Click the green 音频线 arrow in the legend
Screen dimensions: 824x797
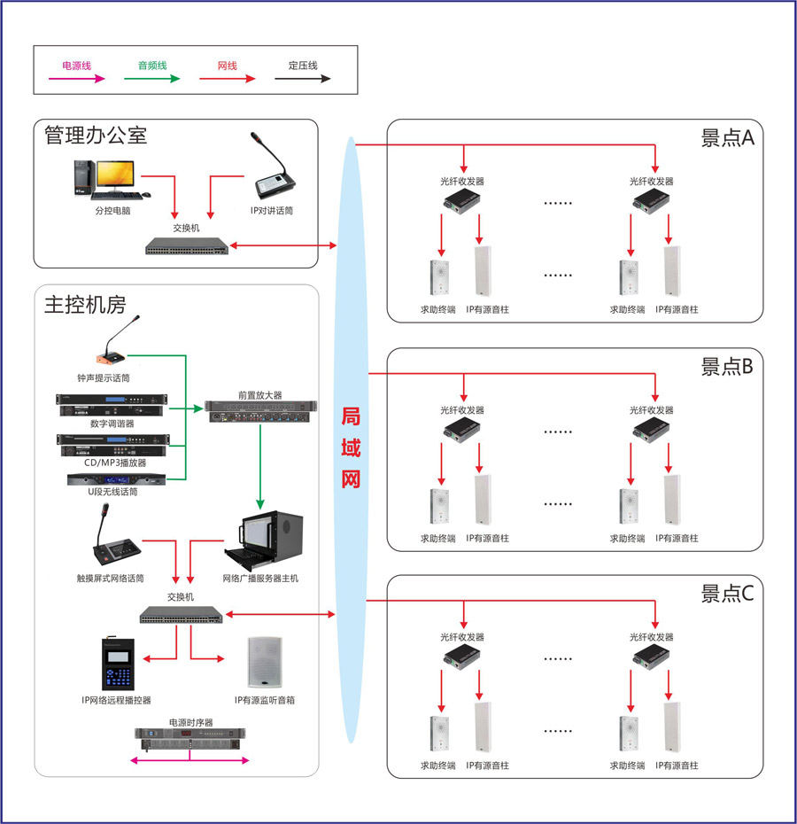151,78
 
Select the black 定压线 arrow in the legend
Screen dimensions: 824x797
302,78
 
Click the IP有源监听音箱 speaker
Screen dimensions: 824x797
265,663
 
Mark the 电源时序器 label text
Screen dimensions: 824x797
191,722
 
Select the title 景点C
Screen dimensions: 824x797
726,593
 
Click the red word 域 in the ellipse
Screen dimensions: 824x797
351,447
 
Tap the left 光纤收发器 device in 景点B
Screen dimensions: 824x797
461,430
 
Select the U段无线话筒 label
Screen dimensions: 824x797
112,492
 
